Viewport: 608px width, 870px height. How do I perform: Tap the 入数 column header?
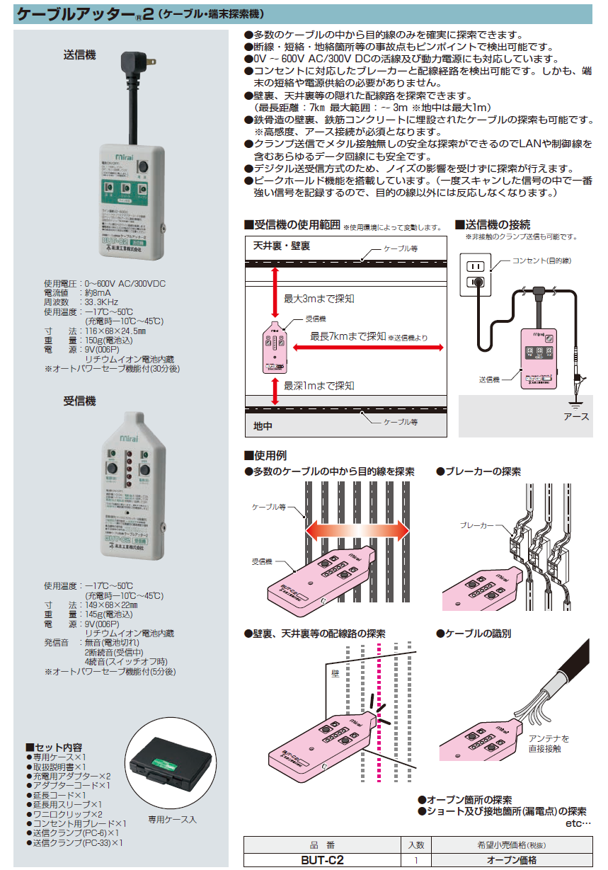click(417, 845)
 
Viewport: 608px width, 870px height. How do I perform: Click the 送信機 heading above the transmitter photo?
click(79, 55)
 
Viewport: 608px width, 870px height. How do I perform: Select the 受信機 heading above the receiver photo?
click(79, 401)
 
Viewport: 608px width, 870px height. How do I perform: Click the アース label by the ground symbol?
click(576, 417)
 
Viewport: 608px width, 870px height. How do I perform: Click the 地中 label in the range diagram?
click(263, 426)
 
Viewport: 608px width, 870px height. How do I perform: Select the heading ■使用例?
click(265, 455)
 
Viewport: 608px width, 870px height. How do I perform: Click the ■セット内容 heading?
click(54, 748)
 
